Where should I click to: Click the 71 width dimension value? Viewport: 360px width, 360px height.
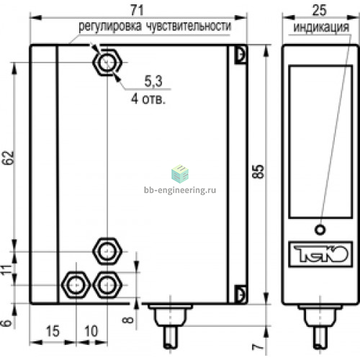138,10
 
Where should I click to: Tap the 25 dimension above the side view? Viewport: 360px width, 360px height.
319,10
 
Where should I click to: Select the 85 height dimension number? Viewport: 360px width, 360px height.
258,171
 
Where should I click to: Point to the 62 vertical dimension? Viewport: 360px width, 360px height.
8,158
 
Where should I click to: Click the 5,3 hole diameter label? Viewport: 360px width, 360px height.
153,81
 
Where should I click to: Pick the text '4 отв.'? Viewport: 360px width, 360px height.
148,99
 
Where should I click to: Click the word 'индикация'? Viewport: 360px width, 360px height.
321,27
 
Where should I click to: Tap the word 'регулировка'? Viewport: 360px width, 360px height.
110,27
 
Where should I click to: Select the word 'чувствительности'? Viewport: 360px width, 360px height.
189,26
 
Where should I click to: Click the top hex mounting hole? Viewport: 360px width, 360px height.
107,63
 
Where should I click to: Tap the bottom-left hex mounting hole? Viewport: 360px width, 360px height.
76,285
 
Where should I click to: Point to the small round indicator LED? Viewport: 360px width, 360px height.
320,230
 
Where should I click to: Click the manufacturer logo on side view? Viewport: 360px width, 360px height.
320,254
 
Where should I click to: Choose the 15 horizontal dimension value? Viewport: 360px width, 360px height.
53,331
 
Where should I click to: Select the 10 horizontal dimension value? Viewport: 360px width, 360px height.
91,331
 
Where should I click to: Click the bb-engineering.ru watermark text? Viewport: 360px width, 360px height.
180,190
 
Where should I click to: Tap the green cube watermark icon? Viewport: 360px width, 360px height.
180,174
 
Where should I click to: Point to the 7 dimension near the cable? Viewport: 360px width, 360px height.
258,346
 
